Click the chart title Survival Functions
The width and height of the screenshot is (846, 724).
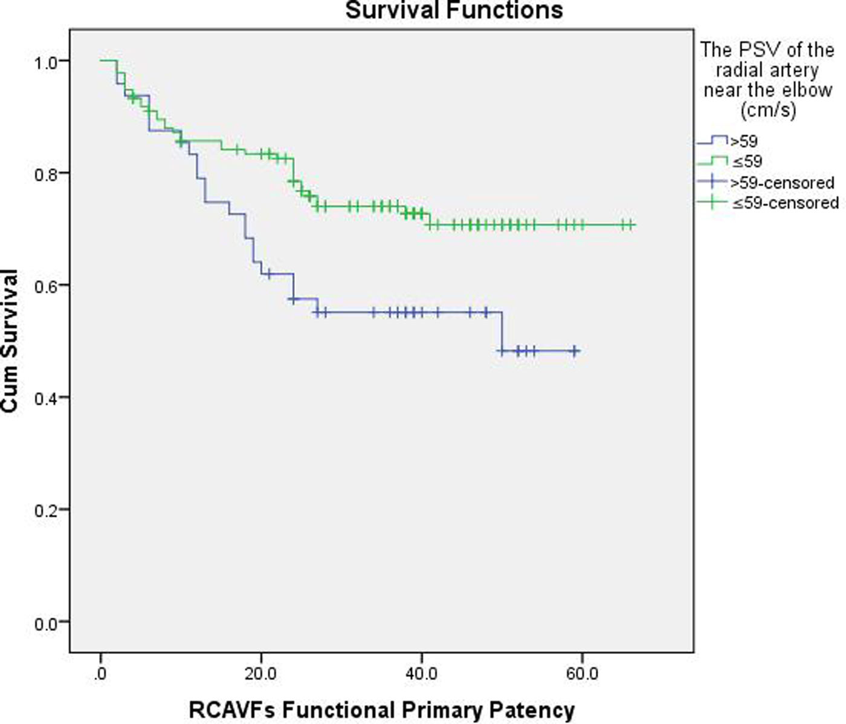[454, 10]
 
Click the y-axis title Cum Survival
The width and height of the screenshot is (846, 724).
[9, 341]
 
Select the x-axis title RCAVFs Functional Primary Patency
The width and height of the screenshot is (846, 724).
[381, 709]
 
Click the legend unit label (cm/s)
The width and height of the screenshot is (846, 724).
[767, 110]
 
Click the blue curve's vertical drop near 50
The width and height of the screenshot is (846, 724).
[502, 331]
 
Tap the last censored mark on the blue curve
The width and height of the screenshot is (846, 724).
[575, 351]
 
